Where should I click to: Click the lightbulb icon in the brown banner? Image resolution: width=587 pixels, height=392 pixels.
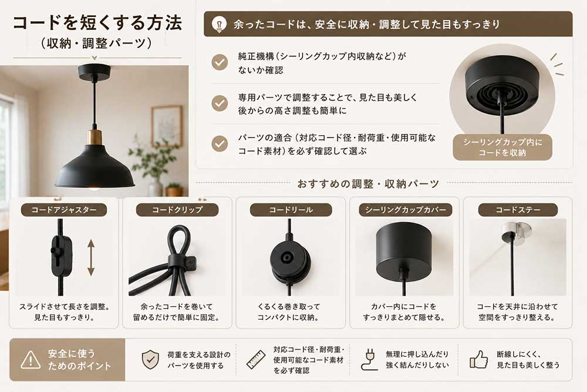[x=219, y=24]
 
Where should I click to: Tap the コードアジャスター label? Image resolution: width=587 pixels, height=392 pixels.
[x=64, y=210]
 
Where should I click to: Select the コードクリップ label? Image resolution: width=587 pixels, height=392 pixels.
[x=177, y=210]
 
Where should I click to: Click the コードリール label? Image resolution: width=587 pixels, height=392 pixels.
[x=291, y=210]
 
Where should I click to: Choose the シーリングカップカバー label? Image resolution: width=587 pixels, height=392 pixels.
[x=406, y=210]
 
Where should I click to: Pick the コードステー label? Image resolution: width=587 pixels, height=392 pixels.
[x=518, y=210]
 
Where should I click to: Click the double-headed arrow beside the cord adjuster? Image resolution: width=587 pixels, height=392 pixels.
[x=91, y=258]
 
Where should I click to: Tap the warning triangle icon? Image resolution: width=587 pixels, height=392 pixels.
[x=31, y=360]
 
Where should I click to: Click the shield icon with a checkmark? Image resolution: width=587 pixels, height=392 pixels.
[x=150, y=360]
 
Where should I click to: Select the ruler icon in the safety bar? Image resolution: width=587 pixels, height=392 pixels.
[x=256, y=360]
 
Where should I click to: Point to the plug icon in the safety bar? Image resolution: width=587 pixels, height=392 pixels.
[x=369, y=360]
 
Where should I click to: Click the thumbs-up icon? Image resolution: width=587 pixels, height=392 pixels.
[x=479, y=360]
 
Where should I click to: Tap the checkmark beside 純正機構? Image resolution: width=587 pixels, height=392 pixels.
[x=220, y=62]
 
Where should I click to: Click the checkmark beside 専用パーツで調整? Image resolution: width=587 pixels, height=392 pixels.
[x=220, y=103]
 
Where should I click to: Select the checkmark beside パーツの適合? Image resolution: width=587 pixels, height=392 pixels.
[x=220, y=143]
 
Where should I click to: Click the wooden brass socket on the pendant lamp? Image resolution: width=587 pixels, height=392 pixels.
[x=95, y=138]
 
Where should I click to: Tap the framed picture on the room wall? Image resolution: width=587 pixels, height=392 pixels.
[x=167, y=126]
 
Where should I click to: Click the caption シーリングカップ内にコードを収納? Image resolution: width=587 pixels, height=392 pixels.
[x=502, y=148]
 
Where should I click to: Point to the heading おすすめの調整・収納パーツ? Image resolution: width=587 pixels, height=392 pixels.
[x=368, y=183]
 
